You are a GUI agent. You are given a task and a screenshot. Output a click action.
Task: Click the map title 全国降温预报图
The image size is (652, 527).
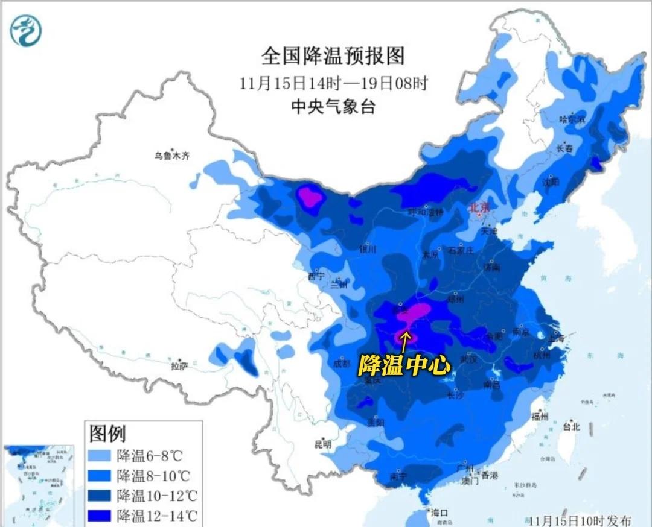(x=333, y=56)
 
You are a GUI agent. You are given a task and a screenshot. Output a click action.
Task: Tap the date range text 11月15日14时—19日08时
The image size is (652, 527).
(x=333, y=83)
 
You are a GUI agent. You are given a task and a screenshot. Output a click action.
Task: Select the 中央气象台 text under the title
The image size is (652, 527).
(x=333, y=107)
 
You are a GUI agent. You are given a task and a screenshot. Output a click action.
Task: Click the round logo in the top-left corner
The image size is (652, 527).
(x=26, y=31)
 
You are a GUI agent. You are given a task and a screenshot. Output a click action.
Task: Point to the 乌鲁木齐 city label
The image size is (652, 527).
(x=171, y=156)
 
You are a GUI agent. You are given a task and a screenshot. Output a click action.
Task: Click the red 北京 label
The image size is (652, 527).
(x=480, y=208)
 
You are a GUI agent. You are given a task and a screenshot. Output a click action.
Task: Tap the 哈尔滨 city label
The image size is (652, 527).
(x=573, y=119)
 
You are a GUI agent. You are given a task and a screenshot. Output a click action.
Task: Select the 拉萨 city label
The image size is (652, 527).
(x=179, y=365)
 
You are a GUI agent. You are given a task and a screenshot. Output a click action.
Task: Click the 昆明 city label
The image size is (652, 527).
(x=322, y=444)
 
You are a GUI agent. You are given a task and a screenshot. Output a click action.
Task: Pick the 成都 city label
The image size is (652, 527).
(x=341, y=364)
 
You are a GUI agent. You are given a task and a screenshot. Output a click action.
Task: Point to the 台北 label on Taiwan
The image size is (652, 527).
(x=570, y=427)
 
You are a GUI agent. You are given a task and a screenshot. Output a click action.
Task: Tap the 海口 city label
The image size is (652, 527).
(x=440, y=513)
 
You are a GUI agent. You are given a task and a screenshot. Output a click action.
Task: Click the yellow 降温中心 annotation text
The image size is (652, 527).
(x=404, y=364)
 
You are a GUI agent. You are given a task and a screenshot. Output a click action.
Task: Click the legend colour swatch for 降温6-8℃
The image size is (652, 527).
(x=101, y=455)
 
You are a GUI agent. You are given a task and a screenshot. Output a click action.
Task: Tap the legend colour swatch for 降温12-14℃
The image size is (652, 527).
(x=101, y=516)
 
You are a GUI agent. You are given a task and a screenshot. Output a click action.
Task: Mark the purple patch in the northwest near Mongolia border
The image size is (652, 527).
(x=312, y=197)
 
